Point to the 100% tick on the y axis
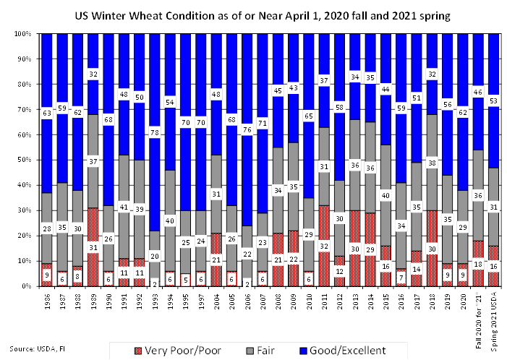[x=21, y=34]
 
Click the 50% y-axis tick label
[x=22, y=160]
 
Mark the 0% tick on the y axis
[x=24, y=286]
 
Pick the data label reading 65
[x=308, y=116]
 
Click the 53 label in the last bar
[x=493, y=100]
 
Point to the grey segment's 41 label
[x=123, y=207]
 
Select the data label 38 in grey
[x=432, y=184]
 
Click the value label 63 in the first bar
[x=46, y=113]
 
